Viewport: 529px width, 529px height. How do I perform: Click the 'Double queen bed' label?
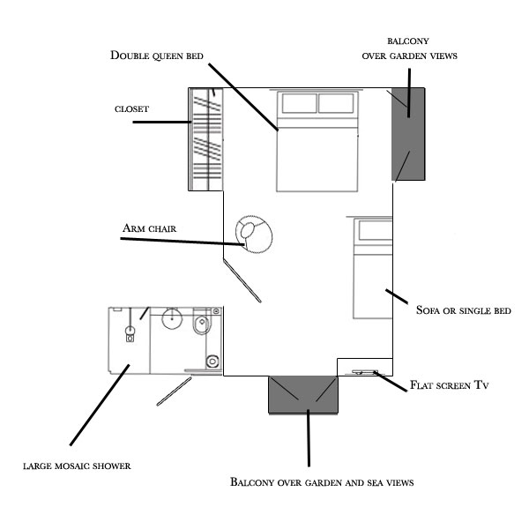tap(157, 56)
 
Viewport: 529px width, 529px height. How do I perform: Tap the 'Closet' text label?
tap(131, 109)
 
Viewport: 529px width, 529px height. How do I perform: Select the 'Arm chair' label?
tap(150, 228)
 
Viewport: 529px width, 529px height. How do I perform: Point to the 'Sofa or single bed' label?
tap(464, 310)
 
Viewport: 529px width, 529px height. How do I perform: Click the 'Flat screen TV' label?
tap(450, 385)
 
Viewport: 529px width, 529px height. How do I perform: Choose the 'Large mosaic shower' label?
tap(77, 466)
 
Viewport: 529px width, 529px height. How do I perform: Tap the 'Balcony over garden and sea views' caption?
tap(322, 481)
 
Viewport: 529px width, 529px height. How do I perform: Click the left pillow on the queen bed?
tap(299, 103)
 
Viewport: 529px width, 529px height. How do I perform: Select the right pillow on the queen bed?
tap(336, 103)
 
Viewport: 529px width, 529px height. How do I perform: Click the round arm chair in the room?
tap(254, 235)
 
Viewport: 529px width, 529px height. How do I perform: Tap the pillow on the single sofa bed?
tap(376, 230)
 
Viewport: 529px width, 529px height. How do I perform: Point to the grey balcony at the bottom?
tap(303, 394)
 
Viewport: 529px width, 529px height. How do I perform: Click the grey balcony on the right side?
tap(408, 134)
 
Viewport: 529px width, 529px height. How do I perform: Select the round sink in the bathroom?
tap(172, 318)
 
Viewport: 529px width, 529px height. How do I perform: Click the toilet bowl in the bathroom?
tap(201, 324)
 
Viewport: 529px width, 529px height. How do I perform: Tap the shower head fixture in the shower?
tap(130, 332)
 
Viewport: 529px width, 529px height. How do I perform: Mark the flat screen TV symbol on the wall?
tap(365, 372)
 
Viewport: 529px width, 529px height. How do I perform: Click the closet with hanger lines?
tap(206, 139)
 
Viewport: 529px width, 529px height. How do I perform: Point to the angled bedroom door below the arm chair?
tap(242, 280)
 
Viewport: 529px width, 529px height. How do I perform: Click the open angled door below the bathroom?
tap(174, 391)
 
